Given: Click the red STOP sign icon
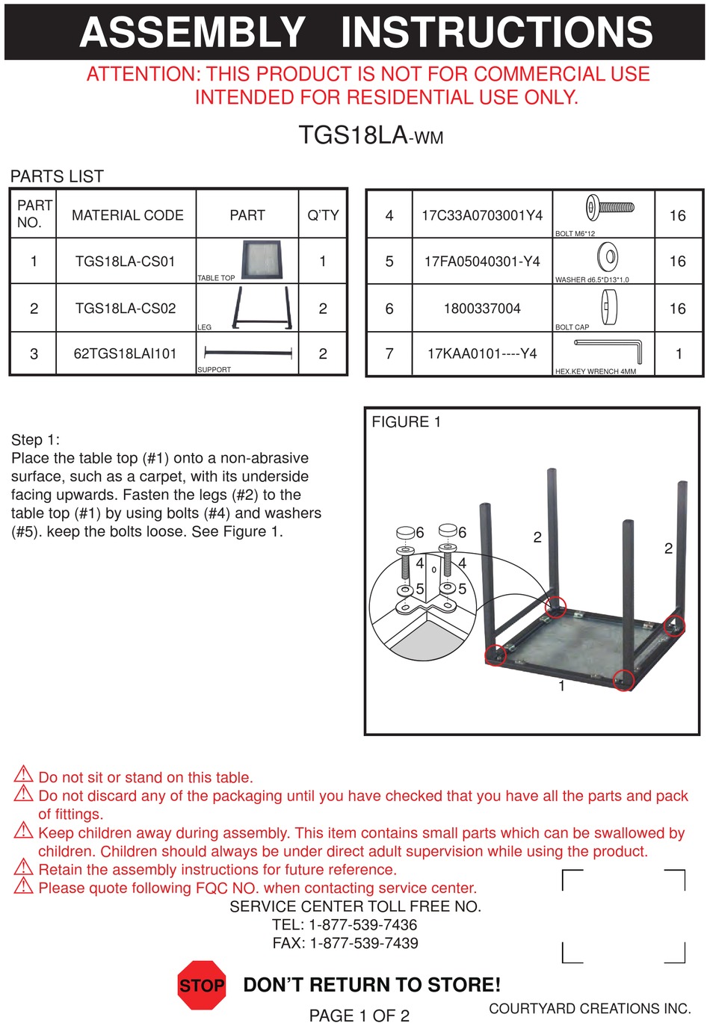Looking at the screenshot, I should click(202, 985).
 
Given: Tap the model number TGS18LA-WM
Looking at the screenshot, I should click(371, 135).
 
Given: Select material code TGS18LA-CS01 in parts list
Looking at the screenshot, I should click(126, 261).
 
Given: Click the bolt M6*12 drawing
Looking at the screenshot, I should click(610, 207).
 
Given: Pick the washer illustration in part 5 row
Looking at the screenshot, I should click(608, 257).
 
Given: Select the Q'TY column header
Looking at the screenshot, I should click(323, 215).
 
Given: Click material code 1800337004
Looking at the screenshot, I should click(482, 308).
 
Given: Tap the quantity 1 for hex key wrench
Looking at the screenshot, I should click(678, 353).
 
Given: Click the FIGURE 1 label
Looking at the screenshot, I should click(406, 421).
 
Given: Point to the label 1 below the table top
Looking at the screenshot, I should click(561, 685).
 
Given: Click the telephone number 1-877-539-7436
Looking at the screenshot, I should click(362, 924).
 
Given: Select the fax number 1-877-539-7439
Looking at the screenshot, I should click(363, 943).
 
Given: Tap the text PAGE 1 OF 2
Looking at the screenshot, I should click(359, 1015).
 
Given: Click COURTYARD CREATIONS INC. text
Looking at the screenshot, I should click(590, 1008).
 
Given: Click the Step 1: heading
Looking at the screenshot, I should click(36, 439).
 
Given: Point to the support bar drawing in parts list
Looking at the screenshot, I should click(247, 352).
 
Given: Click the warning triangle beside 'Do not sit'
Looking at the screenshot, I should click(24, 774).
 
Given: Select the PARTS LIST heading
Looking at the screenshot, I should click(57, 176).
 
